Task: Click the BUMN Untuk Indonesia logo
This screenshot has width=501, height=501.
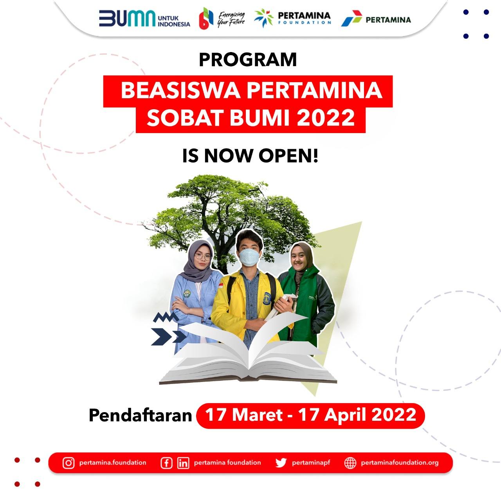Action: click(x=144, y=19)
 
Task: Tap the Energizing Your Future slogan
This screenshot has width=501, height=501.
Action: click(x=231, y=19)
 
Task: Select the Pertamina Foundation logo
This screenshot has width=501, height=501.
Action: click(x=292, y=18)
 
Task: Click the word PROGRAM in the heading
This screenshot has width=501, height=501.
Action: click(x=248, y=59)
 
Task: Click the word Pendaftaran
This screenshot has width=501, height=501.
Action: click(x=141, y=415)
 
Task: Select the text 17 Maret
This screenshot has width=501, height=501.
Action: click(x=244, y=414)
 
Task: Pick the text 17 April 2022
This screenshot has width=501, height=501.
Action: click(x=357, y=415)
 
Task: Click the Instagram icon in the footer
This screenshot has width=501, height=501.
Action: click(x=68, y=463)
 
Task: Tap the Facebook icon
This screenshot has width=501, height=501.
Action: click(x=166, y=463)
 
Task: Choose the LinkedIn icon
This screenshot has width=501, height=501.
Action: click(x=183, y=463)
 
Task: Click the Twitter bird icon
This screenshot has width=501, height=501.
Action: click(x=281, y=463)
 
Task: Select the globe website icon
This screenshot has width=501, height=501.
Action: click(x=350, y=463)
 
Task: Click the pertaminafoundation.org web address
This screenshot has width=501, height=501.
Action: click(x=400, y=463)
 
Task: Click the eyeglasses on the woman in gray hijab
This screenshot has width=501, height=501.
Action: click(x=203, y=256)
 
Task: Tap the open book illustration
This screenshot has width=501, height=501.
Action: click(x=248, y=353)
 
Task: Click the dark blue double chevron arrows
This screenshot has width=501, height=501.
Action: click(x=168, y=337)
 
